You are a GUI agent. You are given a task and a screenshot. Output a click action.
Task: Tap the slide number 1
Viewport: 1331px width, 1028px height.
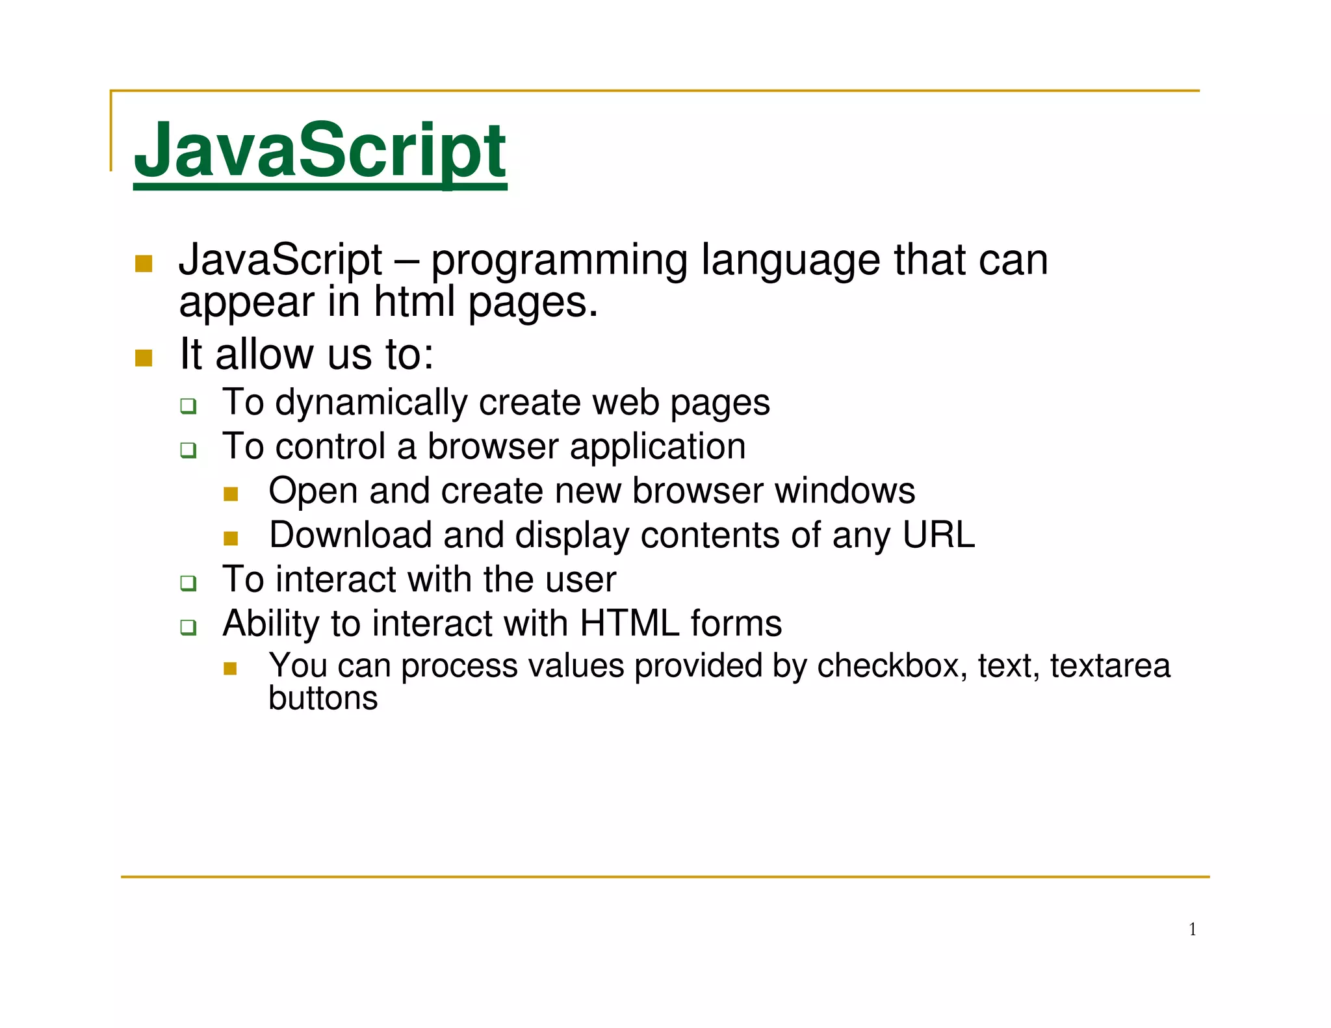point(1193,929)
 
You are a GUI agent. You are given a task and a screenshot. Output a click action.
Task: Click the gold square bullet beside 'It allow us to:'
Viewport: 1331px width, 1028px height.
point(144,357)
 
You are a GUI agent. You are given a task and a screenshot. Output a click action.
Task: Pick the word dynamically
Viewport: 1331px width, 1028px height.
point(371,403)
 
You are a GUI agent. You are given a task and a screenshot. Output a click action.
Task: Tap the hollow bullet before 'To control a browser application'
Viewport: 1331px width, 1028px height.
point(188,450)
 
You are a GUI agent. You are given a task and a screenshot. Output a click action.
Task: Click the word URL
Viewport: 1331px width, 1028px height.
point(938,535)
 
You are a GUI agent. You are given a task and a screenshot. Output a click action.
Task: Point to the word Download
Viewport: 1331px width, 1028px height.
point(350,535)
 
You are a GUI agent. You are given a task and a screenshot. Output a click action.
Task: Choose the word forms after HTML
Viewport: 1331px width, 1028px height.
point(736,624)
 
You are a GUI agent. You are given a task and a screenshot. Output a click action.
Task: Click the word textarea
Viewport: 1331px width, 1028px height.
point(1110,665)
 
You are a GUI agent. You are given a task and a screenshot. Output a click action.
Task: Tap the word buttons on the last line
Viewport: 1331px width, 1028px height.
point(323,698)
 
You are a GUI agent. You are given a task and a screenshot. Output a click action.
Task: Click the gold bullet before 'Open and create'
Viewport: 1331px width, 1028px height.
point(231,494)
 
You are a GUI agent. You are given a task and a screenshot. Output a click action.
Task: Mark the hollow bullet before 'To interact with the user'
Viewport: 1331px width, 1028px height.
point(188,583)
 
